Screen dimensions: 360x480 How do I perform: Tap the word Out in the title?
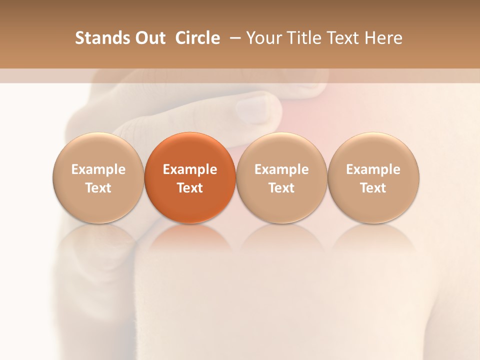(148, 38)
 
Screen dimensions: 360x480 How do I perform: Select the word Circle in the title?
(197, 38)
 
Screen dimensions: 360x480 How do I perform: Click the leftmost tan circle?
(98, 178)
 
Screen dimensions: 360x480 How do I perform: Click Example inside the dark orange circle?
(190, 169)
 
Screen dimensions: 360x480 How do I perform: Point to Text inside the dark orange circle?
(190, 188)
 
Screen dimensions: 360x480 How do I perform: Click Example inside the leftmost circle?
(98, 169)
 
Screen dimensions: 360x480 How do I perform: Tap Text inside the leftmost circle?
(98, 188)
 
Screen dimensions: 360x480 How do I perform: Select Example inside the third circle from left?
(281, 169)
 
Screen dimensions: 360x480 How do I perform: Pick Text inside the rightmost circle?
(373, 188)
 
